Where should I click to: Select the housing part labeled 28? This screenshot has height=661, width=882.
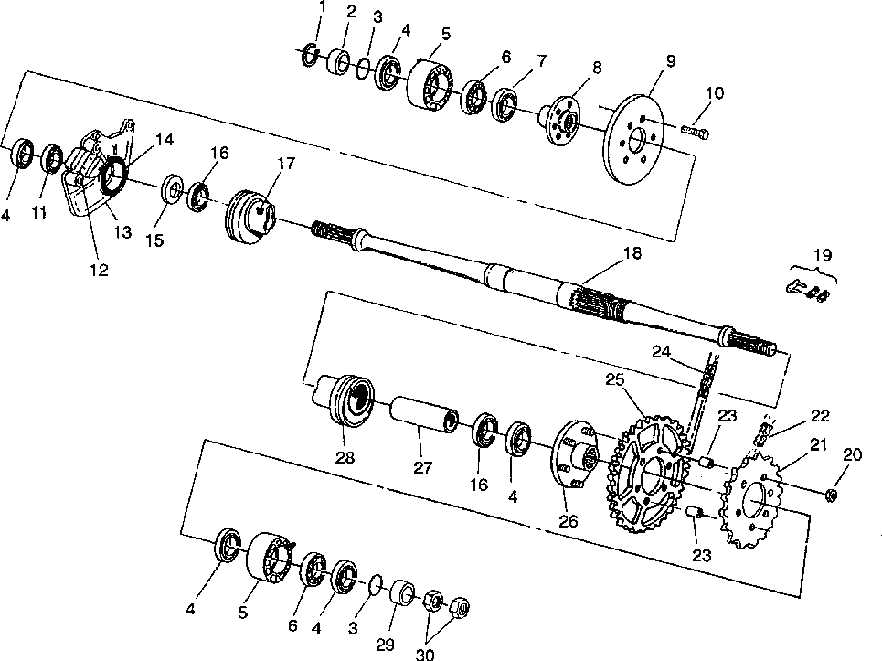click(x=349, y=400)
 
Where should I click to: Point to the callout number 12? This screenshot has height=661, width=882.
click(x=99, y=271)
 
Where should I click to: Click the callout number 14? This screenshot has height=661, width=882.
click(x=165, y=139)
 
